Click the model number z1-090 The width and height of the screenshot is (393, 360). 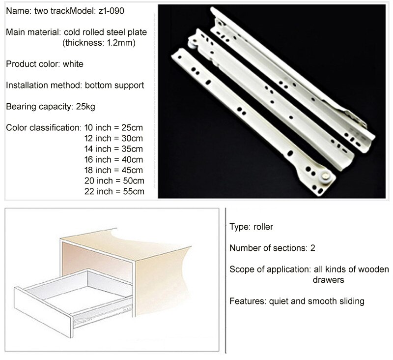112,11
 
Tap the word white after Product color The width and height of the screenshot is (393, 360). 73,64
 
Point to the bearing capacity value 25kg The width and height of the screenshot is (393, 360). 85,107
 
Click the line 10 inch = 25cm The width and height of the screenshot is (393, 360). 113,128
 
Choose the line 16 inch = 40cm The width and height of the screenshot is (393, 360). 113,159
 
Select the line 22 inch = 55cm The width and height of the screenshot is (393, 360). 114,191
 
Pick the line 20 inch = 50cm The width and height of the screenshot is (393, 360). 114,181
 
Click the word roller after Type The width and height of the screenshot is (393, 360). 263,227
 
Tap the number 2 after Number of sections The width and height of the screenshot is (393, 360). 312,248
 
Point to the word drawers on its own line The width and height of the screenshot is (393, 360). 328,280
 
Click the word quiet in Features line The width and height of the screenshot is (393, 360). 279,301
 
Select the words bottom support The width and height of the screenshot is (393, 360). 114,85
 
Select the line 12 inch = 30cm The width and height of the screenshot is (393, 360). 113,138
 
